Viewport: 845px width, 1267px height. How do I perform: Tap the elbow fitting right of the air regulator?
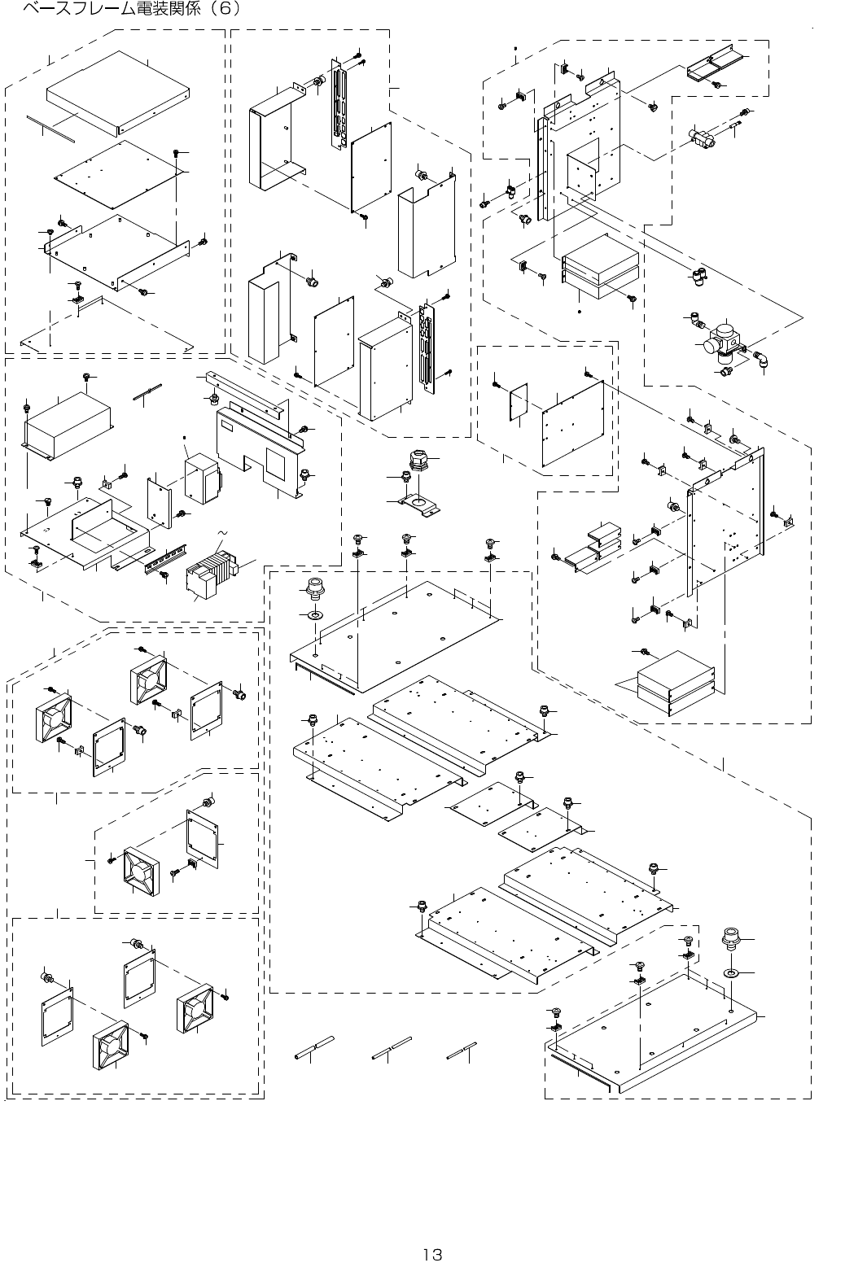[x=764, y=359]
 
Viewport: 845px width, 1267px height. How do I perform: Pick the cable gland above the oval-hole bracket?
[x=416, y=462]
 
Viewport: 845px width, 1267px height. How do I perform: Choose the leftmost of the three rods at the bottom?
[x=314, y=1049]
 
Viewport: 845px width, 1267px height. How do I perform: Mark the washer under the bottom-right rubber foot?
[x=731, y=973]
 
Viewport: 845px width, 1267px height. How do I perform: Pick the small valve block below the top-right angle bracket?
[x=703, y=138]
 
